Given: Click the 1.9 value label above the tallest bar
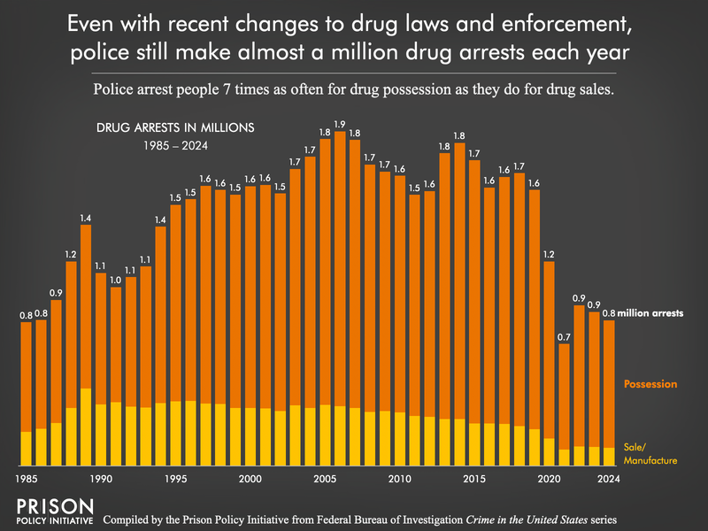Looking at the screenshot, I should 340,124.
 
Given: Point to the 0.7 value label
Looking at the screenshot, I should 565,336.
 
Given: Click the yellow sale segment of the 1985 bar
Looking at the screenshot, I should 27,448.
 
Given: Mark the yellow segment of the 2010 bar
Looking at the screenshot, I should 400,438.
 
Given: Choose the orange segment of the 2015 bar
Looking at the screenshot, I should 474,292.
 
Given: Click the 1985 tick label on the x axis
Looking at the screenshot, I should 27,479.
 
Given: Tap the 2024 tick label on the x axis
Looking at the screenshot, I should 609,479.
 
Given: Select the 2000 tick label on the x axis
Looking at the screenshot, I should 250,479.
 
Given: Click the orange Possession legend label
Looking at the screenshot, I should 650,384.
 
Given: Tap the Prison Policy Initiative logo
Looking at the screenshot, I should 55,512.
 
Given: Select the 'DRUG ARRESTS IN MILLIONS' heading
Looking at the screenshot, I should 174,127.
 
